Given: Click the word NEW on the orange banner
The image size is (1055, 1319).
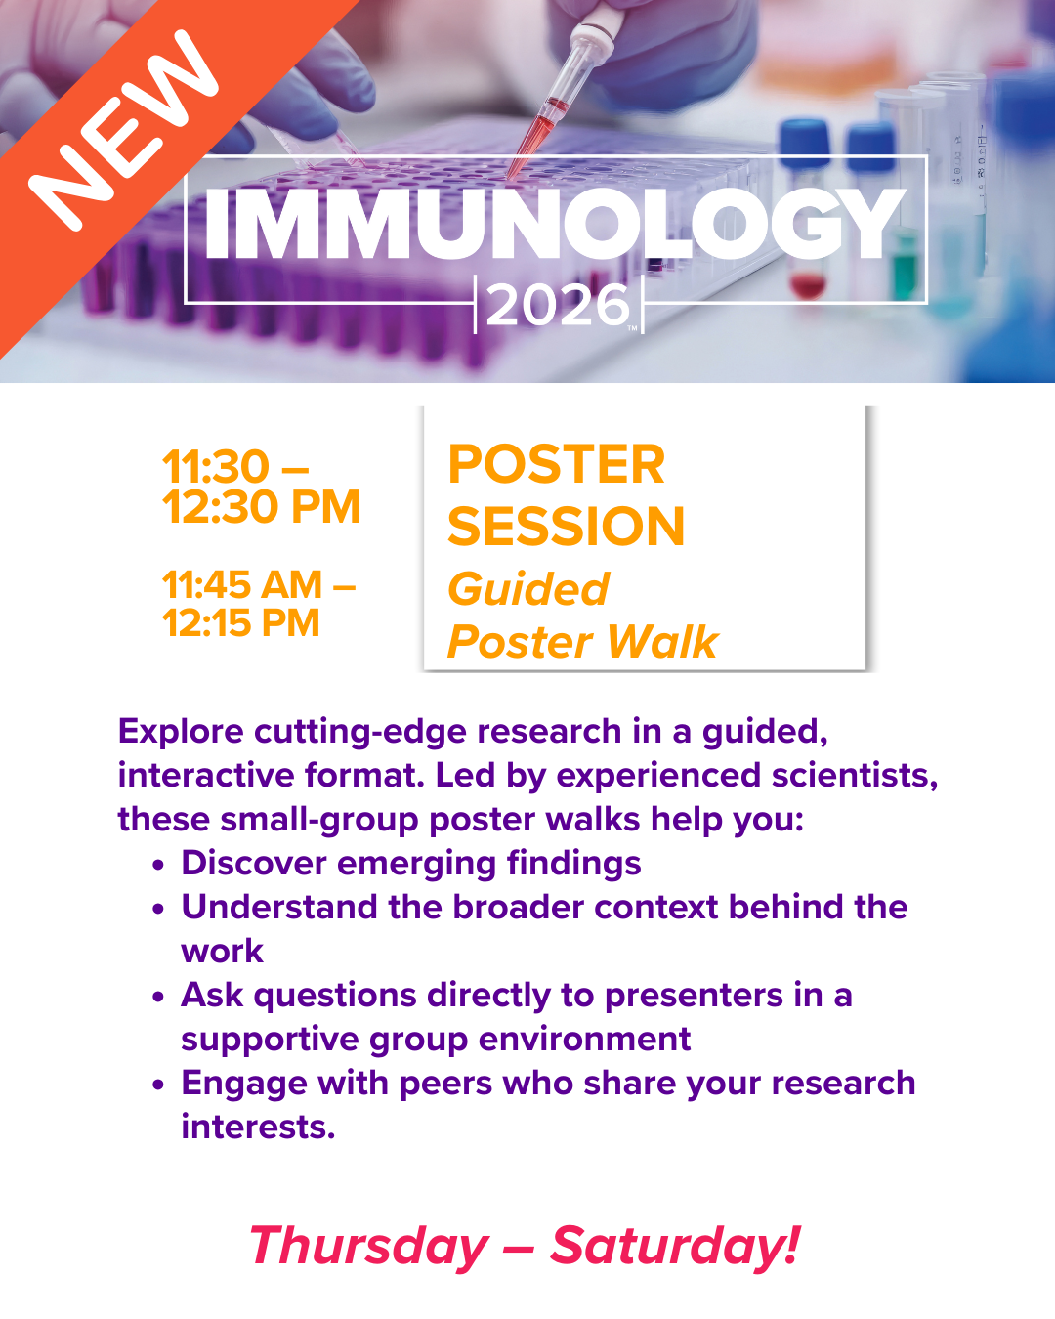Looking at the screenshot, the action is [x=124, y=131].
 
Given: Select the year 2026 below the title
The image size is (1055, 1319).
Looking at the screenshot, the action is [x=558, y=305].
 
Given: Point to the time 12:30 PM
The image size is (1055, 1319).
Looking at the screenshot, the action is [x=262, y=506].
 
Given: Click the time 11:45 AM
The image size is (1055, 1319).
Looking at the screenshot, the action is [x=242, y=584].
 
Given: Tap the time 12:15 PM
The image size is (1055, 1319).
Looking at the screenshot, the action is [x=241, y=622].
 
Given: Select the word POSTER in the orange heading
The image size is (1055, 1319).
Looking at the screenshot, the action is [x=556, y=464].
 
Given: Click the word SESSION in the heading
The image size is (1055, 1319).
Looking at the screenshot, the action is [x=566, y=526].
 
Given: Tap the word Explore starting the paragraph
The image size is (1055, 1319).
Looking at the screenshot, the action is [x=181, y=732].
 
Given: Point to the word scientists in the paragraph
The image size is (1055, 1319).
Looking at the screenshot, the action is [x=855, y=776].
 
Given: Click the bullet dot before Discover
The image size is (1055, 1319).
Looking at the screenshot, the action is [x=159, y=865].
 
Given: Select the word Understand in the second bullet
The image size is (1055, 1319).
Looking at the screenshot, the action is [x=279, y=907].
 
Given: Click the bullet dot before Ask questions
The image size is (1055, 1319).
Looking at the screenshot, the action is [x=159, y=998].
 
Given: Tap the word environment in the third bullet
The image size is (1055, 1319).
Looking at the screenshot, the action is [x=584, y=1040].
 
